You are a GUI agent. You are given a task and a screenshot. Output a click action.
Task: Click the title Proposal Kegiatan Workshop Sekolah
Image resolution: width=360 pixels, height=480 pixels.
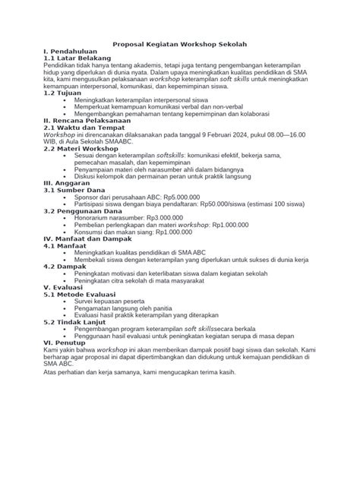179,46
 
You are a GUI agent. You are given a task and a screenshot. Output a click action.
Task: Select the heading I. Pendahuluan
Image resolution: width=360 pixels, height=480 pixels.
71,53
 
